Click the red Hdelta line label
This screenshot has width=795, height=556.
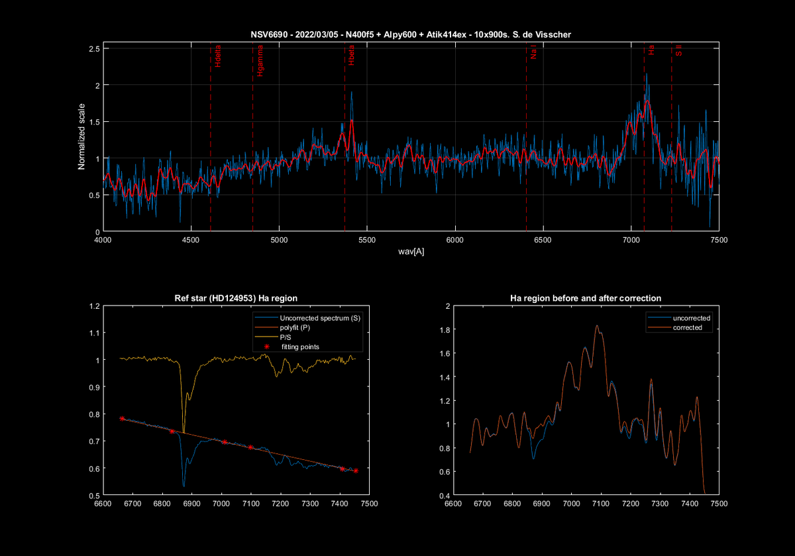(x=219, y=58)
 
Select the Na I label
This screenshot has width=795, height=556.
(x=533, y=53)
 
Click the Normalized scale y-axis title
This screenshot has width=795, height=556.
(x=82, y=135)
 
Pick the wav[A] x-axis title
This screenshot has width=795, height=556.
(x=411, y=252)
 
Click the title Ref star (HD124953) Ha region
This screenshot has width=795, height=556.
(x=235, y=298)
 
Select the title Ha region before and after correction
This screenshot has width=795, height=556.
(x=586, y=298)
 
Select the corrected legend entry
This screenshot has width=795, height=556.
(x=687, y=327)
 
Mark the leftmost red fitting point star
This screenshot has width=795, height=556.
(x=122, y=419)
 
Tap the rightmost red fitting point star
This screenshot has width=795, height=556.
(x=356, y=471)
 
